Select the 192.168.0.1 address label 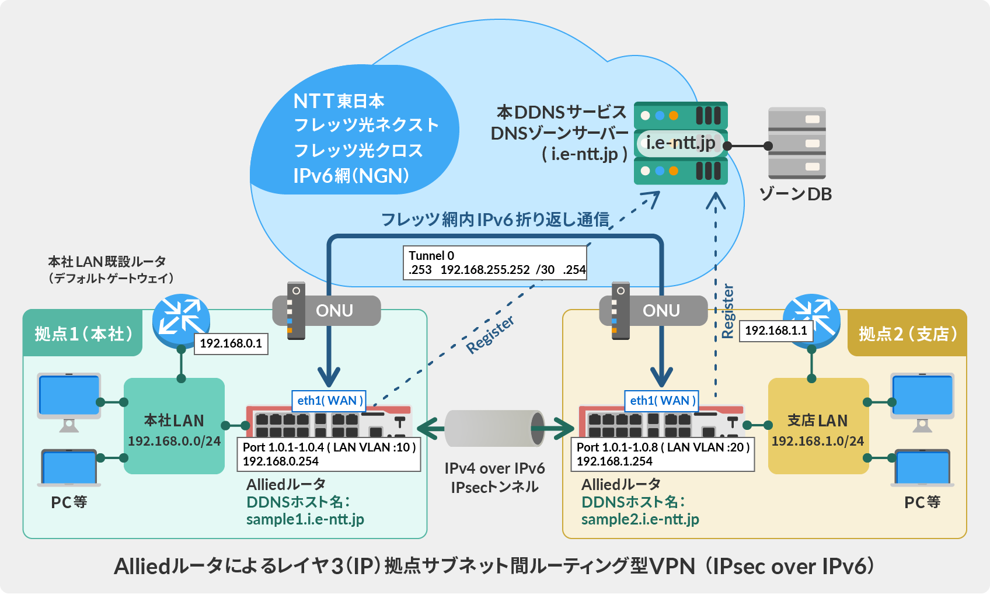point(231,343)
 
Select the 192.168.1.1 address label point(776,331)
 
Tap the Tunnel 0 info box point(495,263)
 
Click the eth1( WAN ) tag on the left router point(329,401)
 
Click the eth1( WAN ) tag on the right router point(662,401)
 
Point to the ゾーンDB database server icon point(797,143)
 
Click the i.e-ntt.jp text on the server point(680,143)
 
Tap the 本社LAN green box point(174,426)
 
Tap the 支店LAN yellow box point(818,426)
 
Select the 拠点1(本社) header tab point(83,334)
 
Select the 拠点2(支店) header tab point(907,334)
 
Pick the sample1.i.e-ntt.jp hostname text point(305,519)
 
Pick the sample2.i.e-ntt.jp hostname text point(640,519)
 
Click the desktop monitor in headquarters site point(69,397)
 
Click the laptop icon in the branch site point(922,467)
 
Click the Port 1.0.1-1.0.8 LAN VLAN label point(663,454)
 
